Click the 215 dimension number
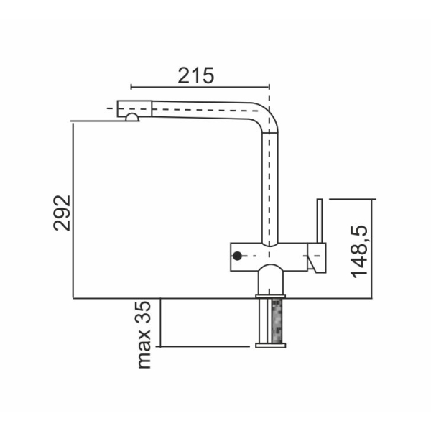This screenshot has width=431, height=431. coord(195,75)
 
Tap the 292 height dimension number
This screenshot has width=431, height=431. coord(62,213)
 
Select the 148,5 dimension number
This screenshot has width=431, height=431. coord(358,251)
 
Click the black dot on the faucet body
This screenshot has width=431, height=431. coord(237,256)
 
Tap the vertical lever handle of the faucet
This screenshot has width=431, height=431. coord(320,221)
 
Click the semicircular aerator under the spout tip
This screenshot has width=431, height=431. coord(132,117)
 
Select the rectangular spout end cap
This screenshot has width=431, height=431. coord(134,108)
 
